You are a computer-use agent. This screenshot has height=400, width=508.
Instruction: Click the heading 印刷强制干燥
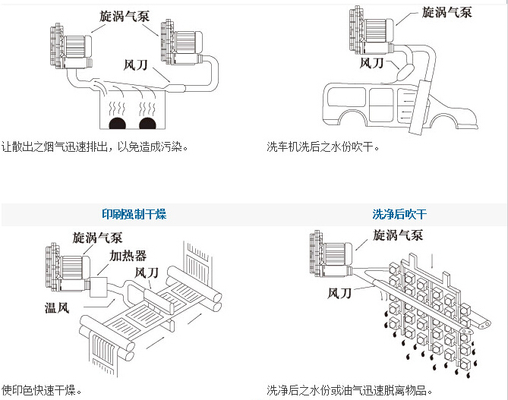[134, 215]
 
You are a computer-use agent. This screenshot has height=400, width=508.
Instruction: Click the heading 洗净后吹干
[399, 215]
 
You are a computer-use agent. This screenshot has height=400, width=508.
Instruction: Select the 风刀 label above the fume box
[136, 65]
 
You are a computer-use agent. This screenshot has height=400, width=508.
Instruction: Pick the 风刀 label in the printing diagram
[147, 272]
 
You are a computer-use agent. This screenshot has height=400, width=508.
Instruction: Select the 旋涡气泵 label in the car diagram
[446, 12]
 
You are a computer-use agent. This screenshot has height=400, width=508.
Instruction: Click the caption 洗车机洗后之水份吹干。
[323, 146]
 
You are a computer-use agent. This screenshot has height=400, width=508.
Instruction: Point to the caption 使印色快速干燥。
[42, 391]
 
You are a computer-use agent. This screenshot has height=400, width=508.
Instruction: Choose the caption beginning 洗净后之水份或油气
[349, 391]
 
